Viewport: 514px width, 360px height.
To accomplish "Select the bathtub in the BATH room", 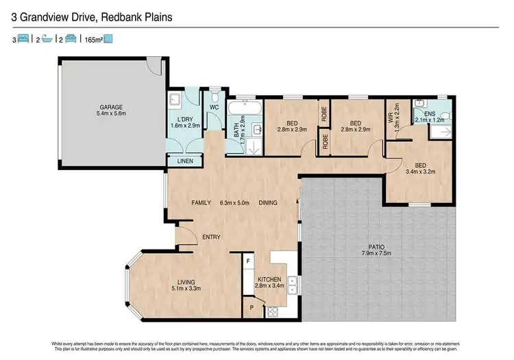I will [x=244, y=108].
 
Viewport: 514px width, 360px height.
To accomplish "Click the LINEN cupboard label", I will [x=185, y=161].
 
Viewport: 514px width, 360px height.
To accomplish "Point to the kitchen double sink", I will [x=293, y=283].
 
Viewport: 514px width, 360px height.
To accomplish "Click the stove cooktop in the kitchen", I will [x=272, y=311].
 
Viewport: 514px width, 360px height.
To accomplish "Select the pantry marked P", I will [x=252, y=309].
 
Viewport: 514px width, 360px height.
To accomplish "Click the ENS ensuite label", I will [x=430, y=113].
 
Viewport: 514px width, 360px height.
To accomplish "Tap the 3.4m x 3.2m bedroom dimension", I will [x=421, y=172].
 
